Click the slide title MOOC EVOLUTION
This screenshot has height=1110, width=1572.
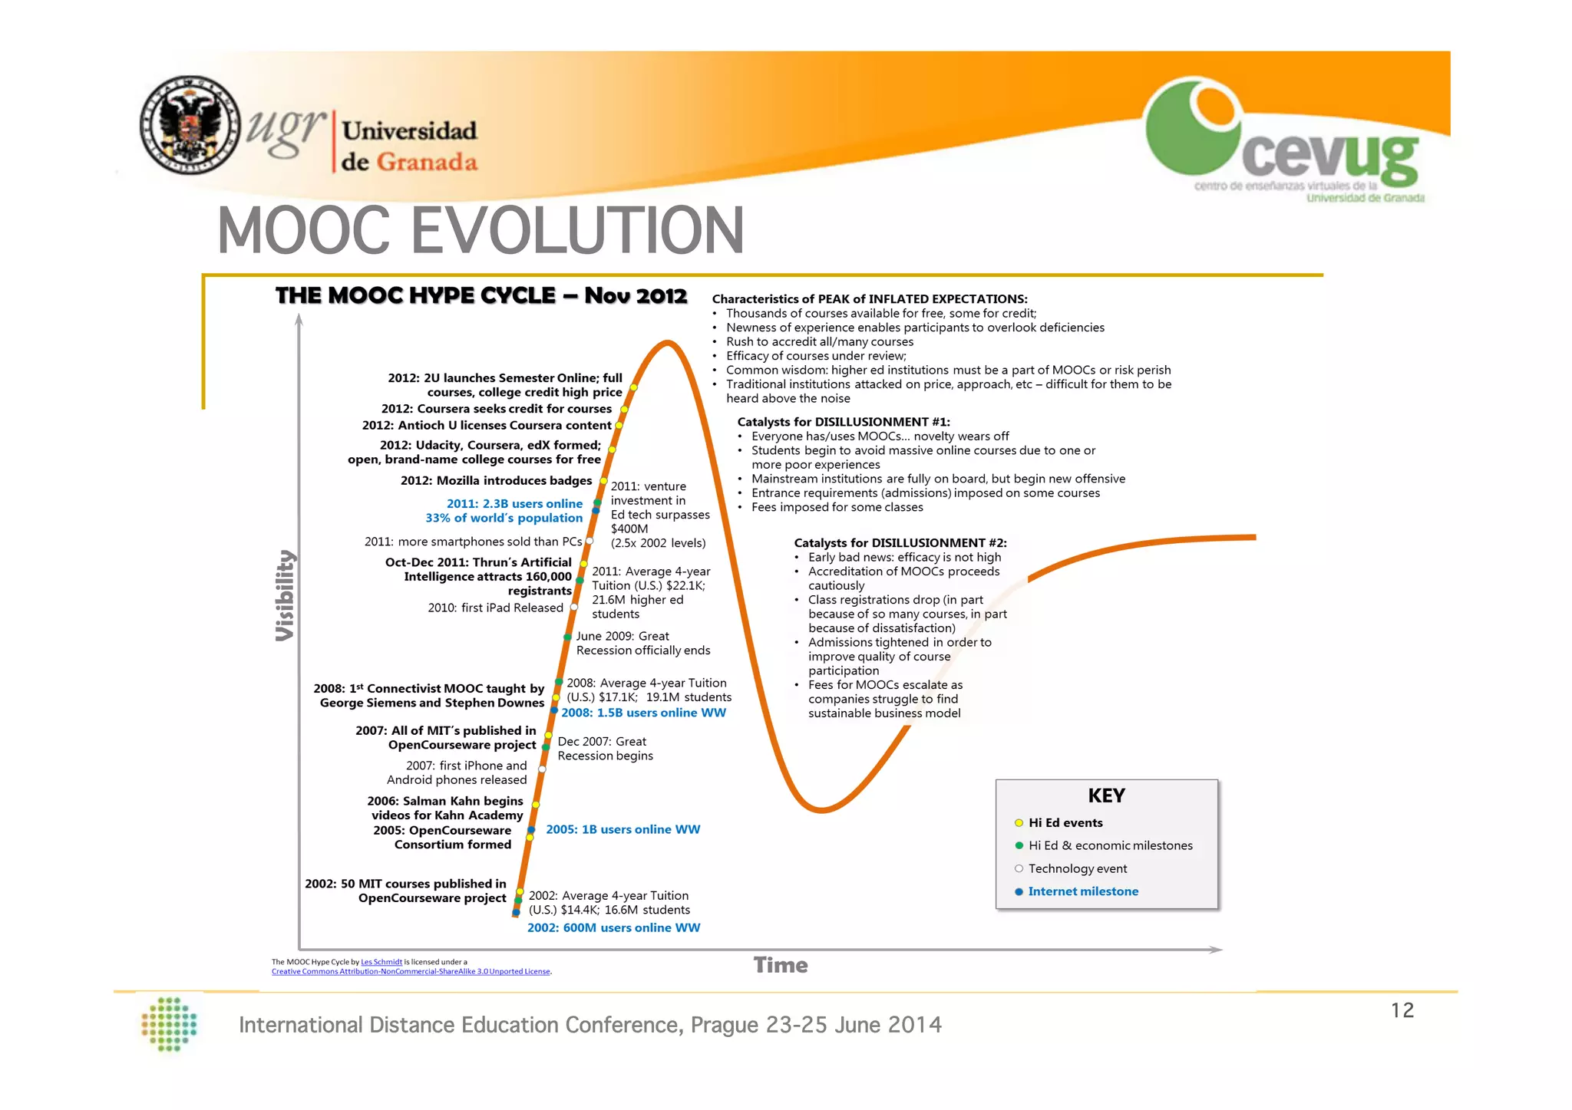point(481,230)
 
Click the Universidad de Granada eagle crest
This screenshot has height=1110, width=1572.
point(190,125)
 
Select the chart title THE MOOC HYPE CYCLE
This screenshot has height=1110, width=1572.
point(481,296)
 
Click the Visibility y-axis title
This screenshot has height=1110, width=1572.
point(285,595)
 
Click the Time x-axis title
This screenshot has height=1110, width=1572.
point(780,965)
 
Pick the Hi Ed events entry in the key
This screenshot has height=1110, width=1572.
point(1065,822)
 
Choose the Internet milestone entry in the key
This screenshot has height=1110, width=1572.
point(1082,891)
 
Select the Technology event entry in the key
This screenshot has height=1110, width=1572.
point(1077,868)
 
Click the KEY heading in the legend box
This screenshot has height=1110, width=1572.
point(1106,795)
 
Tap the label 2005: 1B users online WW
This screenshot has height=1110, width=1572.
point(623,829)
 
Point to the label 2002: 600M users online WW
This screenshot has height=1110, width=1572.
point(613,927)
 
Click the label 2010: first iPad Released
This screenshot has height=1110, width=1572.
point(495,608)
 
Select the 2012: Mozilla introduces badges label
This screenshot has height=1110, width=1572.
point(496,480)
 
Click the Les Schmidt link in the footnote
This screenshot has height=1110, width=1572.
point(381,962)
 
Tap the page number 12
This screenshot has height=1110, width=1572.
point(1402,1010)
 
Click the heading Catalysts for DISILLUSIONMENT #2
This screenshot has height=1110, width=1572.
point(900,542)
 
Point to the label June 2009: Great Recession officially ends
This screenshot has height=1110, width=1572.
point(642,643)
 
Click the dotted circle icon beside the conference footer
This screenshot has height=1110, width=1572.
point(170,1024)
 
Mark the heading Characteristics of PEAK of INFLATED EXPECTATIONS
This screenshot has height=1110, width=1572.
point(869,299)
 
